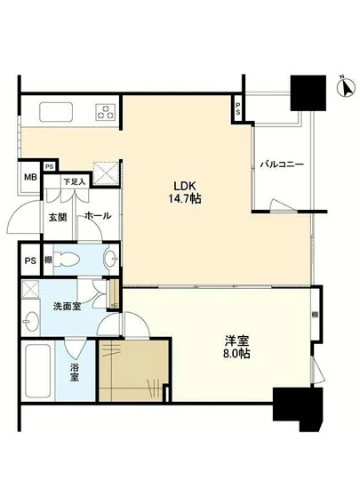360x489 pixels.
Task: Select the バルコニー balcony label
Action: point(283,165)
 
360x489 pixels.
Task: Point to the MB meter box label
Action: point(30,176)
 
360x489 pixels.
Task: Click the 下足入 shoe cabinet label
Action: point(75,183)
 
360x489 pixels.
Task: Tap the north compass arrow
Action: point(341,87)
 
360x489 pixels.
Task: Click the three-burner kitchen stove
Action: point(108,112)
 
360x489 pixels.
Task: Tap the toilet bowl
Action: point(66,260)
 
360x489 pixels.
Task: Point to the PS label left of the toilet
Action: point(30,261)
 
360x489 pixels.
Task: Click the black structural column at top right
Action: point(310,93)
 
